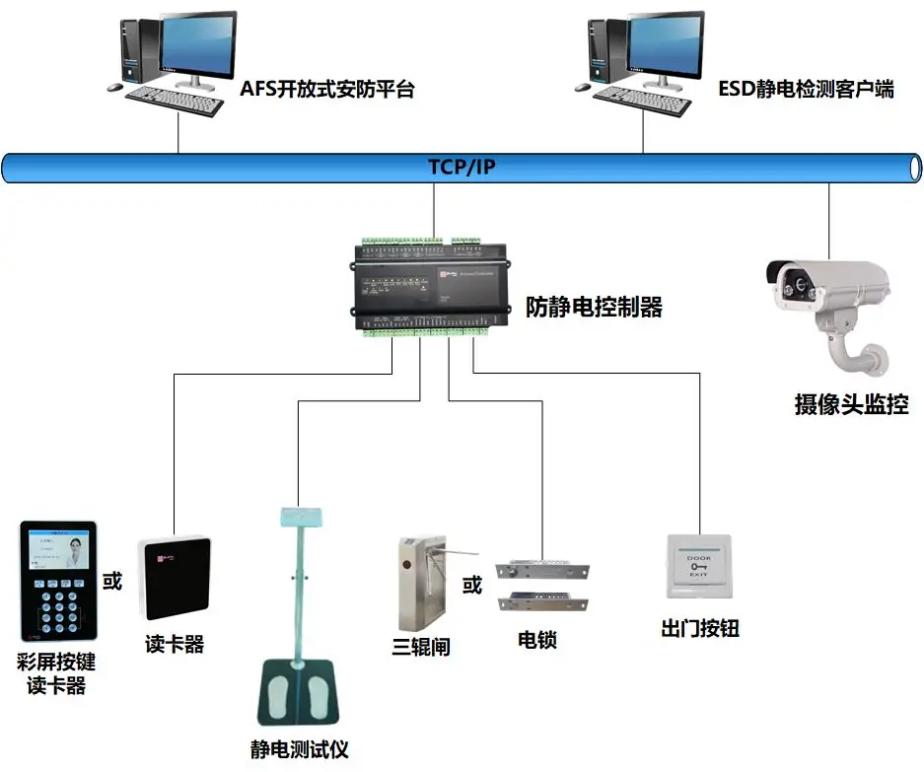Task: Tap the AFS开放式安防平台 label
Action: (x=327, y=90)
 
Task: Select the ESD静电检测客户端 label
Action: (x=806, y=90)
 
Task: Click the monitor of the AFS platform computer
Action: (x=197, y=45)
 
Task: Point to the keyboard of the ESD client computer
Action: (x=642, y=97)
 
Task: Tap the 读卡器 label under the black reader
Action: (x=175, y=645)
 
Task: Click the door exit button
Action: (x=699, y=566)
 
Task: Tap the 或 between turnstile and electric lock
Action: (x=472, y=585)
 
